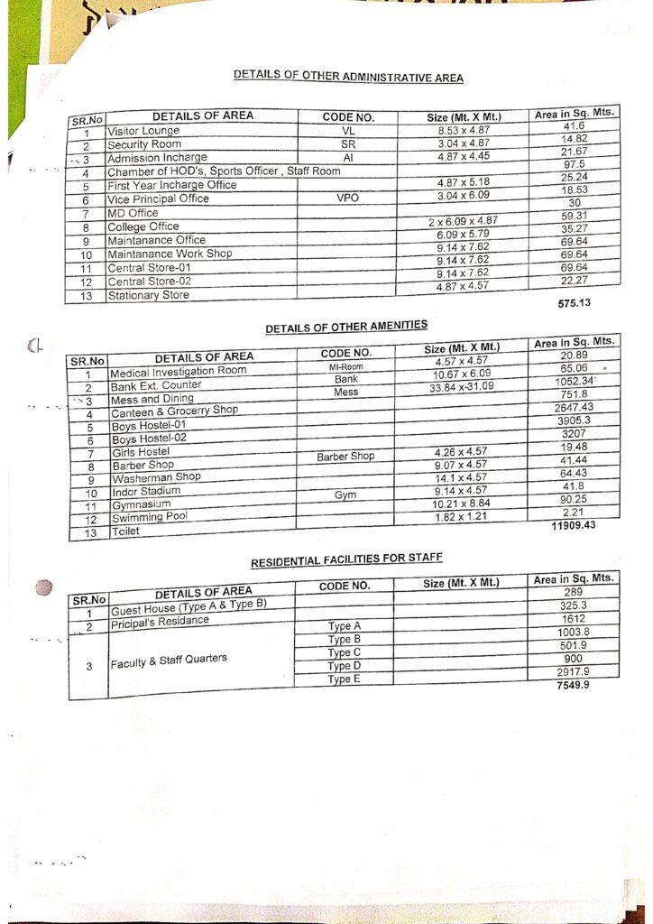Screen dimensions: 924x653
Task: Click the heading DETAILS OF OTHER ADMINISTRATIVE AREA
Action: (348, 77)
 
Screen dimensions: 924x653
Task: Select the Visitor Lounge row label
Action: (143, 131)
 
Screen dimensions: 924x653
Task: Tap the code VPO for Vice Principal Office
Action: (347, 198)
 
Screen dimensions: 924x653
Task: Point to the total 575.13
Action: (575, 303)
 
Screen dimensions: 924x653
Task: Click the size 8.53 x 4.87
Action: (463, 132)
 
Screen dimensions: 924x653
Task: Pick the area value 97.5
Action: (574, 164)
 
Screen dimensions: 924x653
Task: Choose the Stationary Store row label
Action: (149, 295)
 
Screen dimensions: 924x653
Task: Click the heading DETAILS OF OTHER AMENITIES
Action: (346, 327)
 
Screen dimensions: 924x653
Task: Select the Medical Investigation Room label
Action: (178, 372)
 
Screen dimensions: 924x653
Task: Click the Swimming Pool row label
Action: (150, 518)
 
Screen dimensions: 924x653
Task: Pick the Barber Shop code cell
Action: (345, 457)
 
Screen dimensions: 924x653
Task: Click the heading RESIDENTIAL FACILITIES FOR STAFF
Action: (346, 560)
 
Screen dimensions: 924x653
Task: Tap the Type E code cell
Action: (344, 679)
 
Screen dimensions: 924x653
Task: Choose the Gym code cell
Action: (345, 495)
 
